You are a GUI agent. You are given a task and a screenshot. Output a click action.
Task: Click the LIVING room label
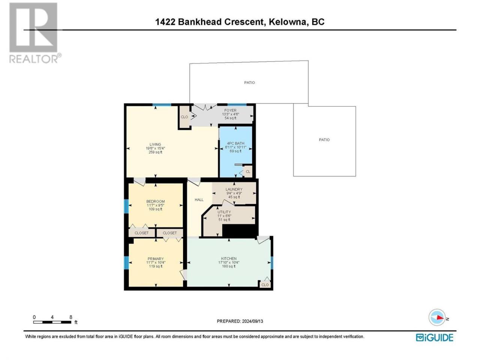[155, 144]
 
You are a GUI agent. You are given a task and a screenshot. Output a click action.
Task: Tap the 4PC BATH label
[235, 143]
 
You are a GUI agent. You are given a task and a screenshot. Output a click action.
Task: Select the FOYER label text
[230, 110]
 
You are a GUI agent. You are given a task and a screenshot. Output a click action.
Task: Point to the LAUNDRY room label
[234, 189]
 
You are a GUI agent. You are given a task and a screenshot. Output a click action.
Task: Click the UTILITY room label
[224, 212]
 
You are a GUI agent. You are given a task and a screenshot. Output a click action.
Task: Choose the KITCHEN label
[229, 259]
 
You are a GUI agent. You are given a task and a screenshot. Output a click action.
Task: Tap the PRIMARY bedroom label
[156, 259]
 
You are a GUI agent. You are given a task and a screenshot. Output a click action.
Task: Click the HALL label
[199, 199]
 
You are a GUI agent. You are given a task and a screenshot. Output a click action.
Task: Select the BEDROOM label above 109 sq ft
[156, 201]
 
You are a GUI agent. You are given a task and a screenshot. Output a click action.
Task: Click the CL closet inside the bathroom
[248, 172]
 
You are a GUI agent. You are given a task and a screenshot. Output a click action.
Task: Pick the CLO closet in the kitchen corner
[265, 285]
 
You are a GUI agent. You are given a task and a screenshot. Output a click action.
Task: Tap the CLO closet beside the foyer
[184, 117]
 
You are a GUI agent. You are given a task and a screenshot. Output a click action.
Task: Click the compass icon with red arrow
[437, 317]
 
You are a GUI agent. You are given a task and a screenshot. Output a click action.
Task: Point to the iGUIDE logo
[434, 337]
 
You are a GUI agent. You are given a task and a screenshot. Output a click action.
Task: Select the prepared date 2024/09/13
[252, 321]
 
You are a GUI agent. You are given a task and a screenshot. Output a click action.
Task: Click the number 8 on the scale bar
[70, 317]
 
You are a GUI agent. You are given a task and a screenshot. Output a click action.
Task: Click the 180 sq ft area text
[229, 266]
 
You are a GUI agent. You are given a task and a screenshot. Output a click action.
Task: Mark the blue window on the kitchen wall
[272, 263]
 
